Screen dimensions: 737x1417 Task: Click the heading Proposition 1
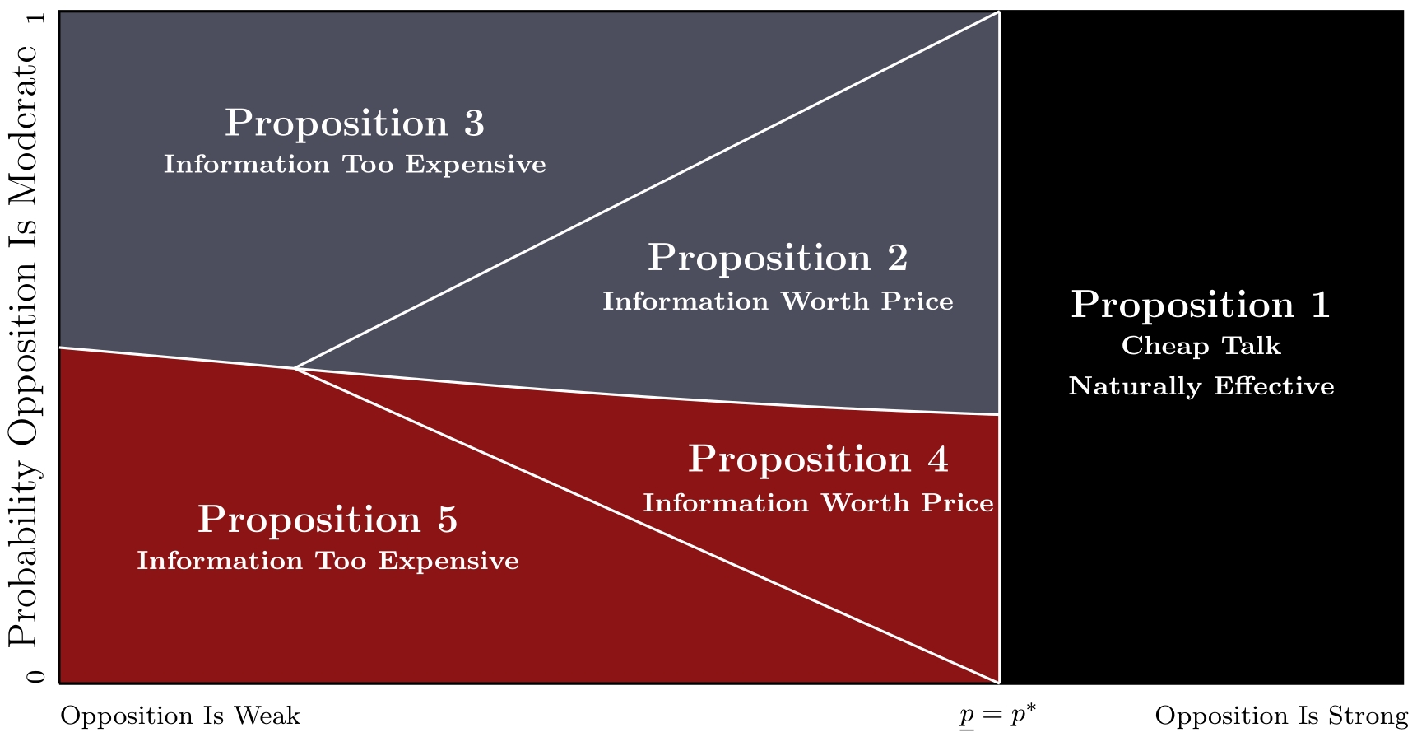pyautogui.click(x=1201, y=306)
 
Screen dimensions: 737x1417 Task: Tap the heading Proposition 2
pyautogui.click(x=778, y=259)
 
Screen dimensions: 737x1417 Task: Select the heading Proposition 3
pyautogui.click(x=355, y=124)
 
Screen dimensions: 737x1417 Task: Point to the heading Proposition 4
pyautogui.click(x=818, y=459)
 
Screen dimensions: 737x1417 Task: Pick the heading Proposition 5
pyautogui.click(x=328, y=520)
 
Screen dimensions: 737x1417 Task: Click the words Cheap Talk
pyautogui.click(x=1201, y=346)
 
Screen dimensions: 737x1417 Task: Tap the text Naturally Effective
pyautogui.click(x=1201, y=386)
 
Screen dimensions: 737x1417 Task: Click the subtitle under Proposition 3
pyautogui.click(x=355, y=165)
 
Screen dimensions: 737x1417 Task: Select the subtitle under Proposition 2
pyautogui.click(x=778, y=301)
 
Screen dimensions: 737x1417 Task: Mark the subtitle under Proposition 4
pyautogui.click(x=818, y=503)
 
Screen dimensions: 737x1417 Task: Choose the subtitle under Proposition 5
pyautogui.click(x=328, y=561)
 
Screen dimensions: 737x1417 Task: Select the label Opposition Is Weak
pyautogui.click(x=180, y=716)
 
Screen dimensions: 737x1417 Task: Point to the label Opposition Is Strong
pyautogui.click(x=1281, y=716)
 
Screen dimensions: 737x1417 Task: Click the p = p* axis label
pyautogui.click(x=998, y=716)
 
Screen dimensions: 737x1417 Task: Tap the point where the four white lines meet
pyautogui.click(x=295, y=368)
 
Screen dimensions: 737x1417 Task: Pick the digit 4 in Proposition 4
pyautogui.click(x=938, y=459)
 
